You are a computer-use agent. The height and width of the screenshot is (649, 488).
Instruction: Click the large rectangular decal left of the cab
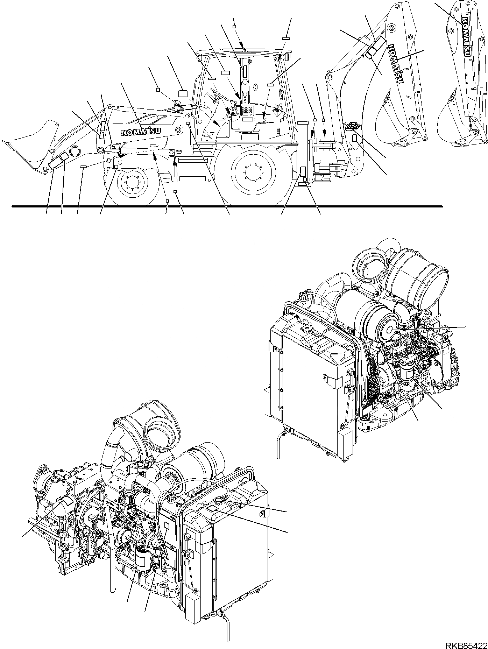pos(183,93)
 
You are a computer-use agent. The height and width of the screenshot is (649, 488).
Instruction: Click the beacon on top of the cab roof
pos(245,52)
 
